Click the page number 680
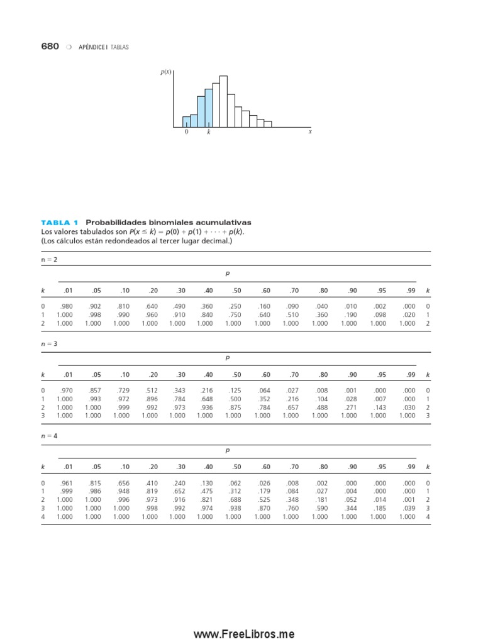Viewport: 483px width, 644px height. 50,47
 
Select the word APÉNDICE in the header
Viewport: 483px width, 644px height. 92,47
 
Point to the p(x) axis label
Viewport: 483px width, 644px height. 166,72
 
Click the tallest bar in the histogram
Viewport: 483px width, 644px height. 223,101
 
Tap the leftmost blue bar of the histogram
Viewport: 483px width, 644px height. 186,121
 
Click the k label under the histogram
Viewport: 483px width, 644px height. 209,133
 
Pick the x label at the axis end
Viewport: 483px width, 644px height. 310,132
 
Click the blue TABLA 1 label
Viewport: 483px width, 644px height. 60,223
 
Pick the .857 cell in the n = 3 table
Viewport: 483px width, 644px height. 94,391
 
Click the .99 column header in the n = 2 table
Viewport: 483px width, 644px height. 411,291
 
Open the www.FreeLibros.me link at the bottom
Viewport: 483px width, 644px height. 243,635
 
